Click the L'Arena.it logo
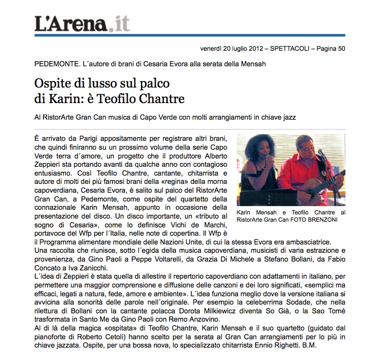click(x=82, y=23)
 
